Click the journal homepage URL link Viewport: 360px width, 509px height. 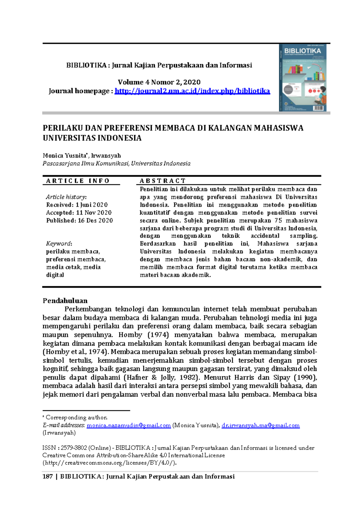pos(192,91)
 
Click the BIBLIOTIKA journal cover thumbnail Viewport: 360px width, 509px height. pos(303,78)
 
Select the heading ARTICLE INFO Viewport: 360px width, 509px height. pos(78,181)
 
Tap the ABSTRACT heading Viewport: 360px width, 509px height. pos(163,181)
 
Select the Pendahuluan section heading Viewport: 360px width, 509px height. pos(65,301)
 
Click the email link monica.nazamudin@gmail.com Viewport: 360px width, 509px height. pos(129,425)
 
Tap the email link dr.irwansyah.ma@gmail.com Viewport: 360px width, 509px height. pos(260,425)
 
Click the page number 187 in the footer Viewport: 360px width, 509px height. pos(48,476)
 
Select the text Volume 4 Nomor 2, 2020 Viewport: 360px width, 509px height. pos(159,82)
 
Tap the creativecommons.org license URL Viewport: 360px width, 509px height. pos(110,463)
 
